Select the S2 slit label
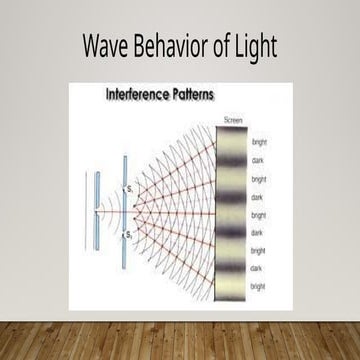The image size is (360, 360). coord(130,233)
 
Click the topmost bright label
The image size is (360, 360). coord(259,142)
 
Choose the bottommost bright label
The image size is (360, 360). coord(259,286)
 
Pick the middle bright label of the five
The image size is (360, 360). coord(259,214)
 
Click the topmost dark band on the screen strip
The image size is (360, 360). coord(233,161)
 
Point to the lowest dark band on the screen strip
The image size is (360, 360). coord(233,268)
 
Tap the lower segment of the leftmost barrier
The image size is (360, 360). coord(97,237)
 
